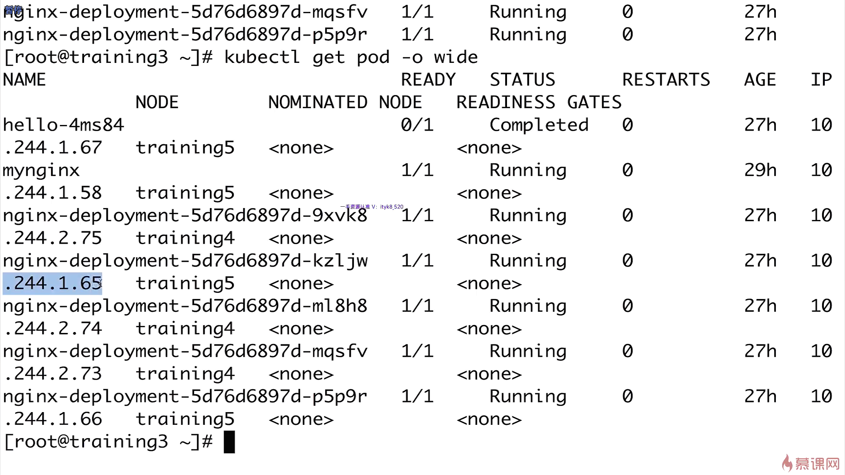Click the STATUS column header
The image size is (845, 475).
coord(522,80)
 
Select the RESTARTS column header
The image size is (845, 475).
coord(666,80)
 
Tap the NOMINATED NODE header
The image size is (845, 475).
coord(345,102)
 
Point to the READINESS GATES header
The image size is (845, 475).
coord(539,102)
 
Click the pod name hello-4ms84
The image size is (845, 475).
coord(63,125)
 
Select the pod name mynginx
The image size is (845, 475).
coord(41,171)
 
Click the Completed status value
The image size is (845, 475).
coord(539,125)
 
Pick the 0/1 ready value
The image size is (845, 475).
coord(417,125)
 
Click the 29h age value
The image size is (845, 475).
coord(760,171)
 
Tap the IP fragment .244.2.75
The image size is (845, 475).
coord(53,238)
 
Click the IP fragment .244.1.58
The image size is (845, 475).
coord(53,193)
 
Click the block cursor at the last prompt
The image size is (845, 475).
coord(229,442)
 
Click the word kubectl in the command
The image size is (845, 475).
coord(262,58)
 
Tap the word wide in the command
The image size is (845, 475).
coord(456,58)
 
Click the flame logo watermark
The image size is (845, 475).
coord(787,463)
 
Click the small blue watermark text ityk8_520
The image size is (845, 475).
coord(391,207)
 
